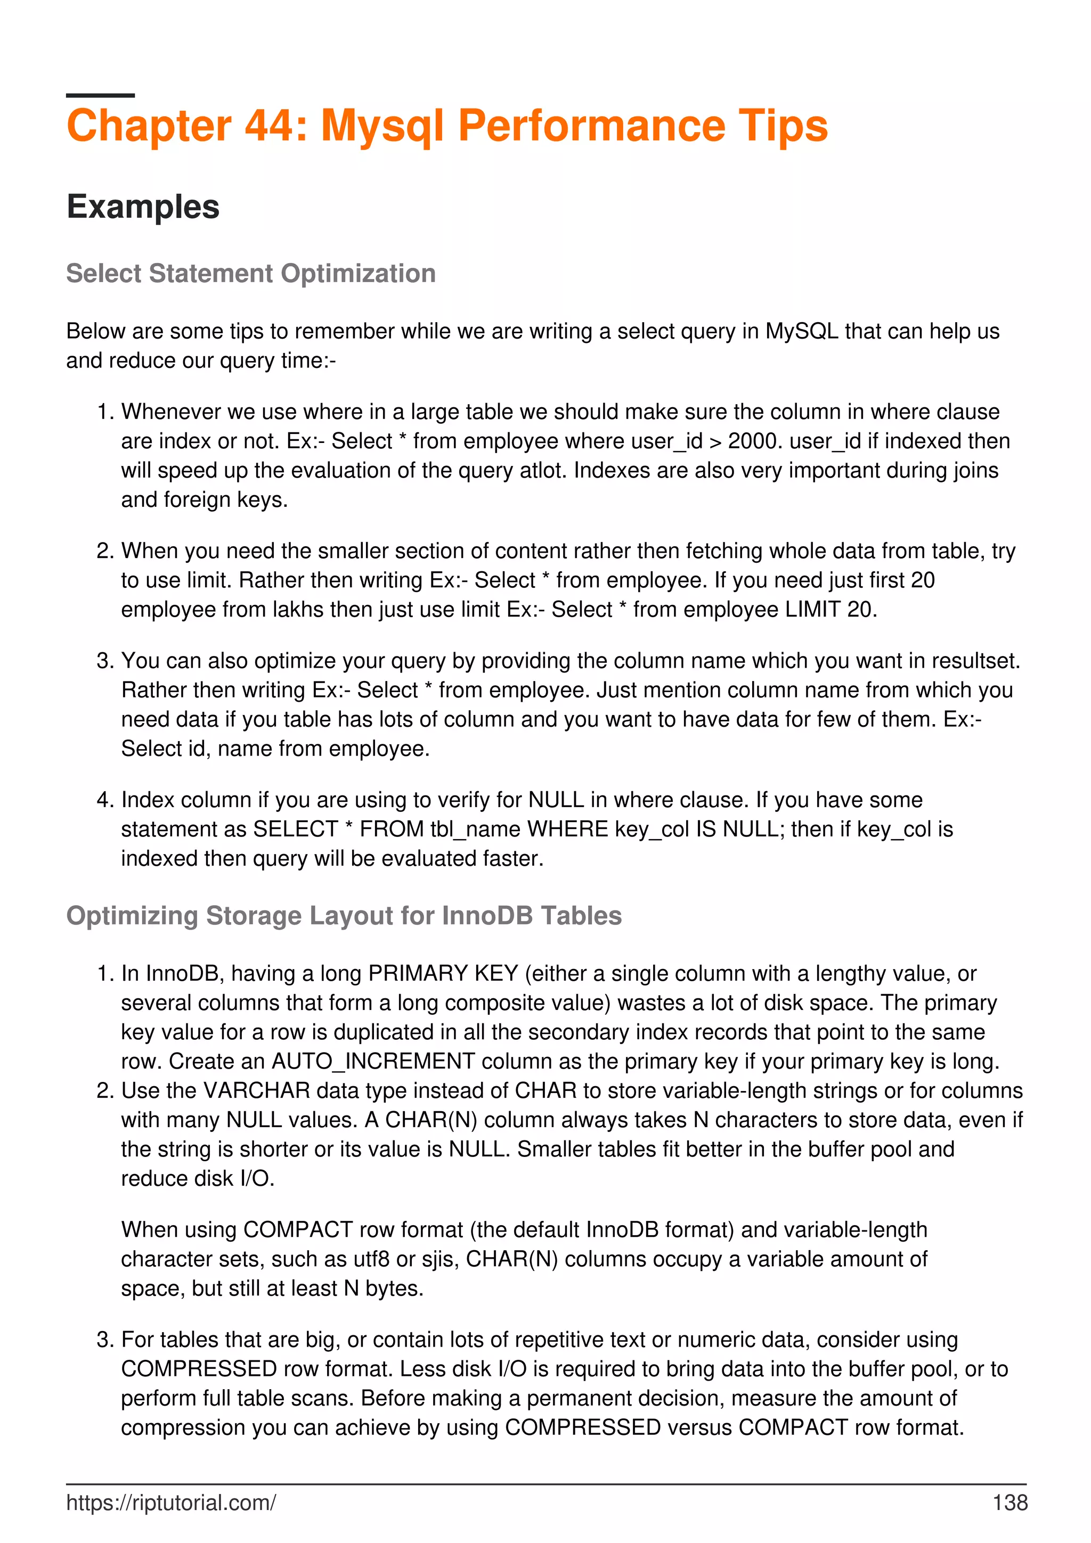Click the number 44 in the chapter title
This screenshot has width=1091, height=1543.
tap(269, 126)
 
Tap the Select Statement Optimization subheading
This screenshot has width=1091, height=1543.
tap(251, 274)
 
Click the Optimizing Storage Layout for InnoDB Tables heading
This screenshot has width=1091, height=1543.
tap(344, 915)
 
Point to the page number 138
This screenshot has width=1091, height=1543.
tap(1009, 1503)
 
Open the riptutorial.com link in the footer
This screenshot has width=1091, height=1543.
tap(171, 1503)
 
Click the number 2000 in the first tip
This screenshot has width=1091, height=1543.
tap(752, 441)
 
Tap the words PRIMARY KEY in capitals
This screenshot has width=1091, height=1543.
tap(443, 973)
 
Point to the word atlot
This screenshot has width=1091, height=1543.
tap(543, 471)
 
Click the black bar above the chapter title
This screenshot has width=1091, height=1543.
tap(100, 95)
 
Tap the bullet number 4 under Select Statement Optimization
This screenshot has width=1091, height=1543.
tap(104, 800)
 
